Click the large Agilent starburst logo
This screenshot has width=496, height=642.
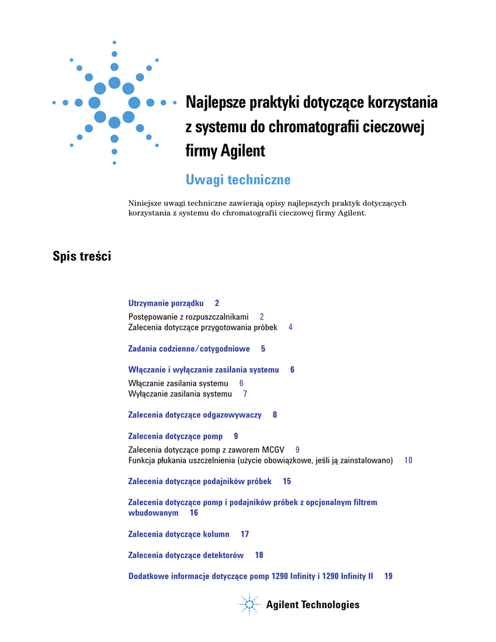click(114, 102)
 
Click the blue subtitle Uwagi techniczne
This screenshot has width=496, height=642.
click(238, 180)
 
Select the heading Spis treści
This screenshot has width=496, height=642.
click(82, 256)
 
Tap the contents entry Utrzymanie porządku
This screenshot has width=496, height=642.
click(166, 303)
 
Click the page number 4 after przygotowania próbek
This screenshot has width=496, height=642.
click(290, 327)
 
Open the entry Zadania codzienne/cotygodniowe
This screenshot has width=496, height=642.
click(189, 349)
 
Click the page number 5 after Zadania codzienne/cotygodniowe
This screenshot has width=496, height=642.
click(263, 349)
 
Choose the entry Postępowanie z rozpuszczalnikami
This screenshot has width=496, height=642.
click(188, 317)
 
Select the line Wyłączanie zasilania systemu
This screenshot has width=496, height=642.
click(180, 394)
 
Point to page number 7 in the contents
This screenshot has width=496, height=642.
click(245, 394)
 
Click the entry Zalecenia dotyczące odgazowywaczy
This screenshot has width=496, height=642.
click(194, 415)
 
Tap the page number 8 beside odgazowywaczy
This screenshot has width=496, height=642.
click(275, 415)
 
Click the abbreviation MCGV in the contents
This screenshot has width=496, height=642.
click(273, 450)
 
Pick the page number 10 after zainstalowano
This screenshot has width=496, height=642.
click(408, 460)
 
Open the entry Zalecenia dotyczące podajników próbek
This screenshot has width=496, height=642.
click(199, 481)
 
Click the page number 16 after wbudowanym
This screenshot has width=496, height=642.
click(194, 513)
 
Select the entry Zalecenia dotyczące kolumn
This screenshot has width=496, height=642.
click(179, 534)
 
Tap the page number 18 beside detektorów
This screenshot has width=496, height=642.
click(259, 555)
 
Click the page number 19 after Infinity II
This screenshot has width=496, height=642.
click(389, 576)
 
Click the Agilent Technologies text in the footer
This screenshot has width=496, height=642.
click(312, 605)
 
